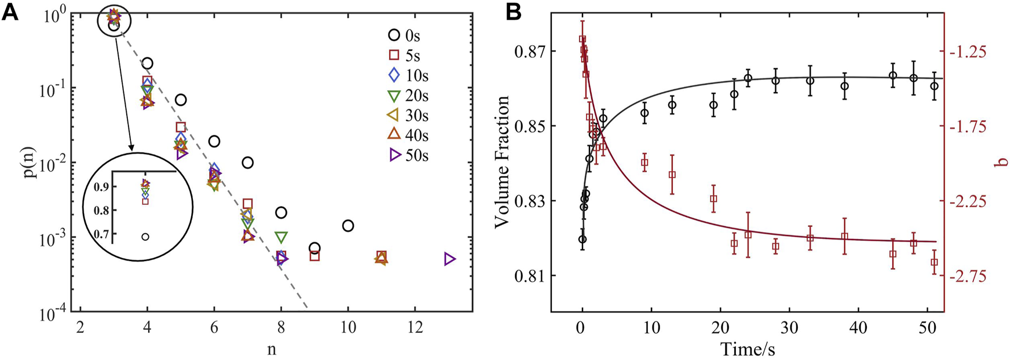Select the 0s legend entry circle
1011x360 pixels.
[x=394, y=35]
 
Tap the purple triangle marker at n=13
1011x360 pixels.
[x=450, y=259]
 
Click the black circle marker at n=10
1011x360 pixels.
[x=348, y=226]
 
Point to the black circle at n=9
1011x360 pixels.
[x=314, y=248]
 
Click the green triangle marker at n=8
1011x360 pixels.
[x=281, y=237]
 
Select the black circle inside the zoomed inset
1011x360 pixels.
[x=145, y=237]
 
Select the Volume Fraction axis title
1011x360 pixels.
[x=502, y=162]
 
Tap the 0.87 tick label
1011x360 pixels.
[x=530, y=52]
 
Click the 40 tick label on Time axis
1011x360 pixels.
[x=858, y=326]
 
